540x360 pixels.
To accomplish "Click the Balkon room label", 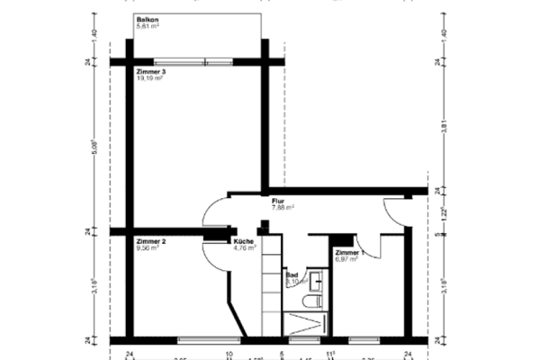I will click(x=148, y=19).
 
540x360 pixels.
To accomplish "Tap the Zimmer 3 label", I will click(x=151, y=71).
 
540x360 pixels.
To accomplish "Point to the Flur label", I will click(x=278, y=201).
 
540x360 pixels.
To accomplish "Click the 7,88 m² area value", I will click(x=283, y=207).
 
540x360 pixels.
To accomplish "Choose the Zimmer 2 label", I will click(x=151, y=242).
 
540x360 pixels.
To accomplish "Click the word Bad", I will click(x=292, y=275).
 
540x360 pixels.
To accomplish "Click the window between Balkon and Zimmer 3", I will click(x=206, y=62).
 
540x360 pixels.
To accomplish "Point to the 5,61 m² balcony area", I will click(x=148, y=26).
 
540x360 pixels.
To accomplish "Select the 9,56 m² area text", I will click(x=148, y=248).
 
